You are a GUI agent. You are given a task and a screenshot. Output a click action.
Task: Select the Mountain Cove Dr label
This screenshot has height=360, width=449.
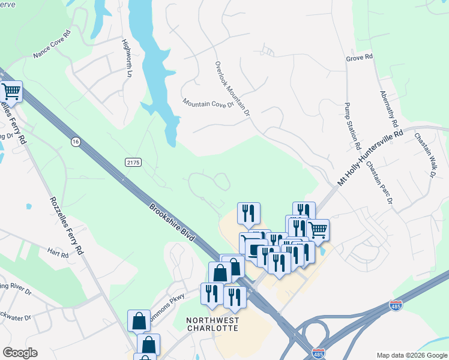[207, 104]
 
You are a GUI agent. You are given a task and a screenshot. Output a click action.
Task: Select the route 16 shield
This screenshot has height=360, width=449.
[75, 142]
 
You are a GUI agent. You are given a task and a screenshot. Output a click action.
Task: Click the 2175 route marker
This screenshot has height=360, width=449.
[133, 163]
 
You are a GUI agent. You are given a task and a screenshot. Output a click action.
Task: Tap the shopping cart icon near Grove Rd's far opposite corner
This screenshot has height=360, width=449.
[11, 91]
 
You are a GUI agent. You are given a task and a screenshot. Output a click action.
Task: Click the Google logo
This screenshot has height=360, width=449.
[20, 353]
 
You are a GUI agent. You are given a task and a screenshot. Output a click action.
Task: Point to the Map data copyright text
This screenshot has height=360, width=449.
[412, 355]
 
